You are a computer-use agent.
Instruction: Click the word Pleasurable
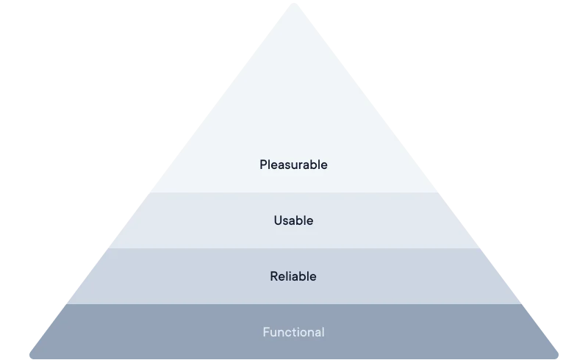pyautogui.click(x=293, y=165)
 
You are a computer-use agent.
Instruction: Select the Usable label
pyautogui.click(x=293, y=220)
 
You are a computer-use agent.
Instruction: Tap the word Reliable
pyautogui.click(x=293, y=276)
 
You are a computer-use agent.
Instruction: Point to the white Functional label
pyautogui.click(x=293, y=332)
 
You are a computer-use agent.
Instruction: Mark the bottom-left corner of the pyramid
pyautogui.click(x=29, y=359)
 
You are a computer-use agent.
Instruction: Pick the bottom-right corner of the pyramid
pyautogui.click(x=559, y=359)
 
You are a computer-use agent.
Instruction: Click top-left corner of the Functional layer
pyautogui.click(x=65, y=304)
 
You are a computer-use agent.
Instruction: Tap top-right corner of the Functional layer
pyautogui.click(x=523, y=304)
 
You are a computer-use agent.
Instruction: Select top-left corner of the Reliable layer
pyautogui.click(x=101, y=248)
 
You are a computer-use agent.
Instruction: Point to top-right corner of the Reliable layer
pyautogui.click(x=487, y=248)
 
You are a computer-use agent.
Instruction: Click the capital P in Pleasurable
pyautogui.click(x=263, y=165)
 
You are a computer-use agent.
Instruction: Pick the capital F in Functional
pyautogui.click(x=266, y=332)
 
